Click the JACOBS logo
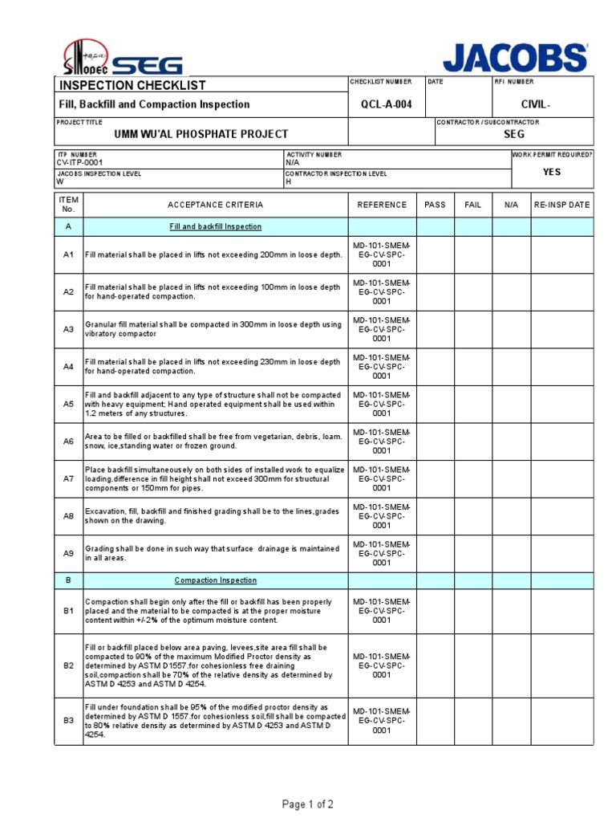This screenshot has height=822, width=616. [515, 57]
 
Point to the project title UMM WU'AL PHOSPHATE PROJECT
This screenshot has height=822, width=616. [201, 134]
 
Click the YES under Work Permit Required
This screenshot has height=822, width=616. [552, 172]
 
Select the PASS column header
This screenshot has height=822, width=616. [435, 205]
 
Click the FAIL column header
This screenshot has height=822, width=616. [473, 205]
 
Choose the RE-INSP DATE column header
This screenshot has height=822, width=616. [561, 205]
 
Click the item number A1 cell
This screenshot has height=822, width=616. [68, 254]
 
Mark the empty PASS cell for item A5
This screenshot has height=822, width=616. [435, 404]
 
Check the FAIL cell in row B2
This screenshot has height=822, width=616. [473, 665]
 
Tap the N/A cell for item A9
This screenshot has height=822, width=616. [511, 553]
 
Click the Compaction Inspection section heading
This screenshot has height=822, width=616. [216, 580]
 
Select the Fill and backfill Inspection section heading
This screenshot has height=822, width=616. [216, 226]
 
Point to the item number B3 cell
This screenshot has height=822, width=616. [68, 721]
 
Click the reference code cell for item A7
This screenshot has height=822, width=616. [382, 478]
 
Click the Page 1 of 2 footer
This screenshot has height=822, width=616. [307, 804]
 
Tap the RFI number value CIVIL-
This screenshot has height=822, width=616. [536, 104]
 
